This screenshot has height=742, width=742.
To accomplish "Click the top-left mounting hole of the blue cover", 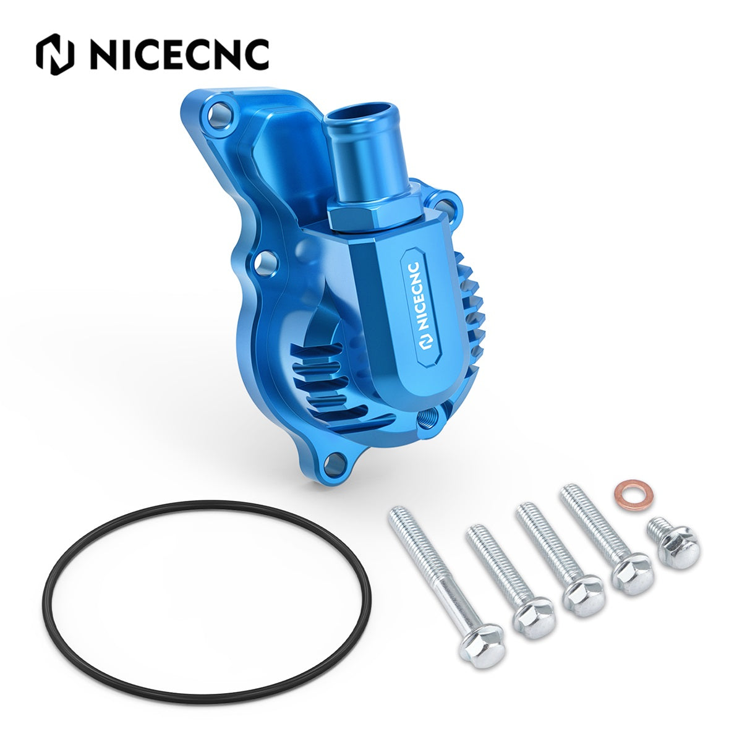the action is click(x=220, y=114).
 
